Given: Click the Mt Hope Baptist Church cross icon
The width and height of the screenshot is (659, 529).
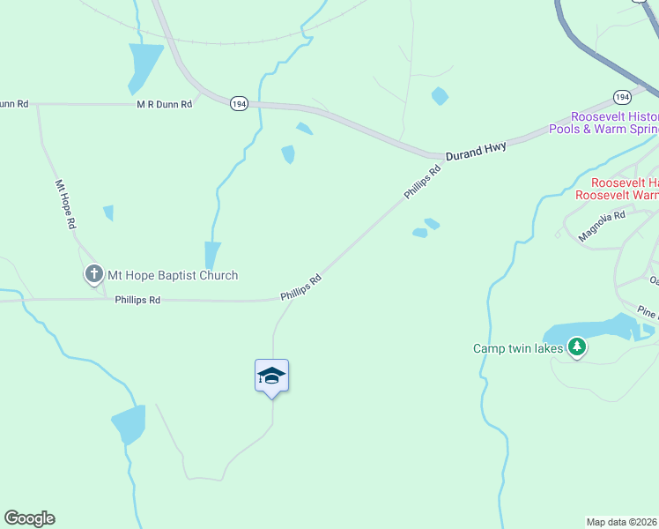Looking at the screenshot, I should click(x=94, y=275).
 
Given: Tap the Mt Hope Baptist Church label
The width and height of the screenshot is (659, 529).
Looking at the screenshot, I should click(x=173, y=275).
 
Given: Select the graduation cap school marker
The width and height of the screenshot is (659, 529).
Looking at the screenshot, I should click(x=271, y=377).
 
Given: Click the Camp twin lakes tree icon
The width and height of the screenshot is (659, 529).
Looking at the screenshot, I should click(x=577, y=347).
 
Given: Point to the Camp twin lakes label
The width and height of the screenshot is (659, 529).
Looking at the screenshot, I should click(x=518, y=348).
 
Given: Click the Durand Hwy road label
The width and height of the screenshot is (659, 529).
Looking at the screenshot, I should click(x=476, y=153).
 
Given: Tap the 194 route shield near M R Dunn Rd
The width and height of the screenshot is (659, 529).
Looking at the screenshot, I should click(x=239, y=103).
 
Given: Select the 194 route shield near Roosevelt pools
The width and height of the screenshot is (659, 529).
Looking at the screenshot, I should click(x=622, y=96).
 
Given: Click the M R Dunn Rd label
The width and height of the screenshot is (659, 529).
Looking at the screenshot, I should click(x=164, y=104).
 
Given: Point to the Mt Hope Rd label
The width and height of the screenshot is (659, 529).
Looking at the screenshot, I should click(x=66, y=205).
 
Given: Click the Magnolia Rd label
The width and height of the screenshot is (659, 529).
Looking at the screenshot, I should click(x=601, y=227).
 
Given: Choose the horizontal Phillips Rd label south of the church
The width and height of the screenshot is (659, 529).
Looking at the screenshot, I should click(x=137, y=300).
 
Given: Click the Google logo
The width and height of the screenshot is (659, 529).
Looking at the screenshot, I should click(x=29, y=518).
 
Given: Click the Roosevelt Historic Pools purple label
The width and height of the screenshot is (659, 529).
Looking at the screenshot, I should click(x=614, y=123).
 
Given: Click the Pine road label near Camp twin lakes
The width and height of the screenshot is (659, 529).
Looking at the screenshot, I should click(x=648, y=313).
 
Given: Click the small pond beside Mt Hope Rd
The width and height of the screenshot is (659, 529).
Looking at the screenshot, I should click(x=108, y=212).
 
